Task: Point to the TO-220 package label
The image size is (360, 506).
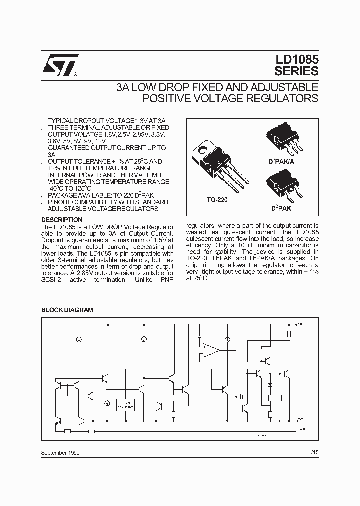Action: click(x=217, y=199)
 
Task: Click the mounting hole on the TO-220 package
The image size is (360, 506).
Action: click(x=203, y=149)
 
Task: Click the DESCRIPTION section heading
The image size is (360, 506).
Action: click(x=62, y=220)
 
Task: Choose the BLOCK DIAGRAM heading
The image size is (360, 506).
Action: click(x=67, y=310)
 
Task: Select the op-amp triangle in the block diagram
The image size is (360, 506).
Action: click(x=212, y=350)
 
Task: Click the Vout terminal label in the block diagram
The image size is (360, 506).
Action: click(x=300, y=418)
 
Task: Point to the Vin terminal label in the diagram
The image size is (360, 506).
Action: click(x=300, y=324)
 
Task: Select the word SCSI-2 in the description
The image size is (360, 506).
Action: click(x=52, y=280)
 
